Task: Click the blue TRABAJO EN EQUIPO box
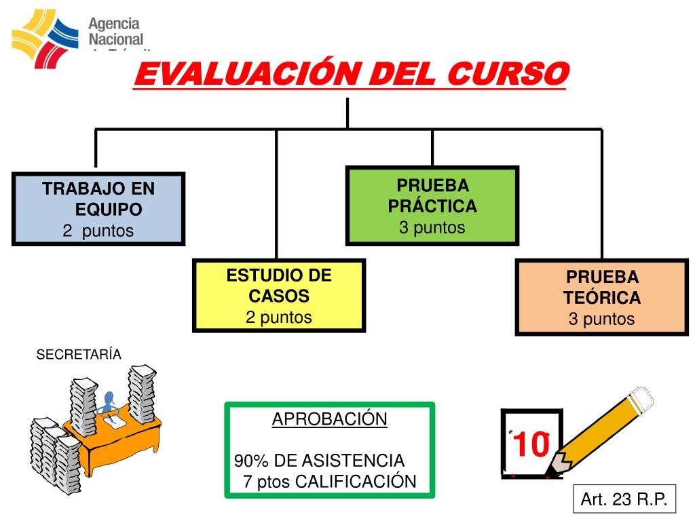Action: click(x=98, y=208)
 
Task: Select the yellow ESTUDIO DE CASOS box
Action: click(x=279, y=296)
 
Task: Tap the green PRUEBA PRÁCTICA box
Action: click(x=432, y=205)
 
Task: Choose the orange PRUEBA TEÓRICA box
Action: click(x=601, y=297)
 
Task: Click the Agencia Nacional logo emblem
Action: click(x=45, y=34)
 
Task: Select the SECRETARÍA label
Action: click(x=79, y=355)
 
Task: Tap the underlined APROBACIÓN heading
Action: click(x=330, y=419)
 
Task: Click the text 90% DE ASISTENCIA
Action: click(x=320, y=461)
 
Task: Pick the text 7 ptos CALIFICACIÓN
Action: click(x=329, y=482)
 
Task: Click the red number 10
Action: click(x=531, y=445)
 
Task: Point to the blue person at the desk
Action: click(x=109, y=402)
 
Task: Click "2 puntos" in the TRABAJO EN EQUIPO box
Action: click(x=98, y=231)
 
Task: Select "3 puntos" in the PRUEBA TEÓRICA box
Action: click(x=601, y=319)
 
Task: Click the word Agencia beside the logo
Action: click(x=115, y=24)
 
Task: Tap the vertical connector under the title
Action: click(x=347, y=113)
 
